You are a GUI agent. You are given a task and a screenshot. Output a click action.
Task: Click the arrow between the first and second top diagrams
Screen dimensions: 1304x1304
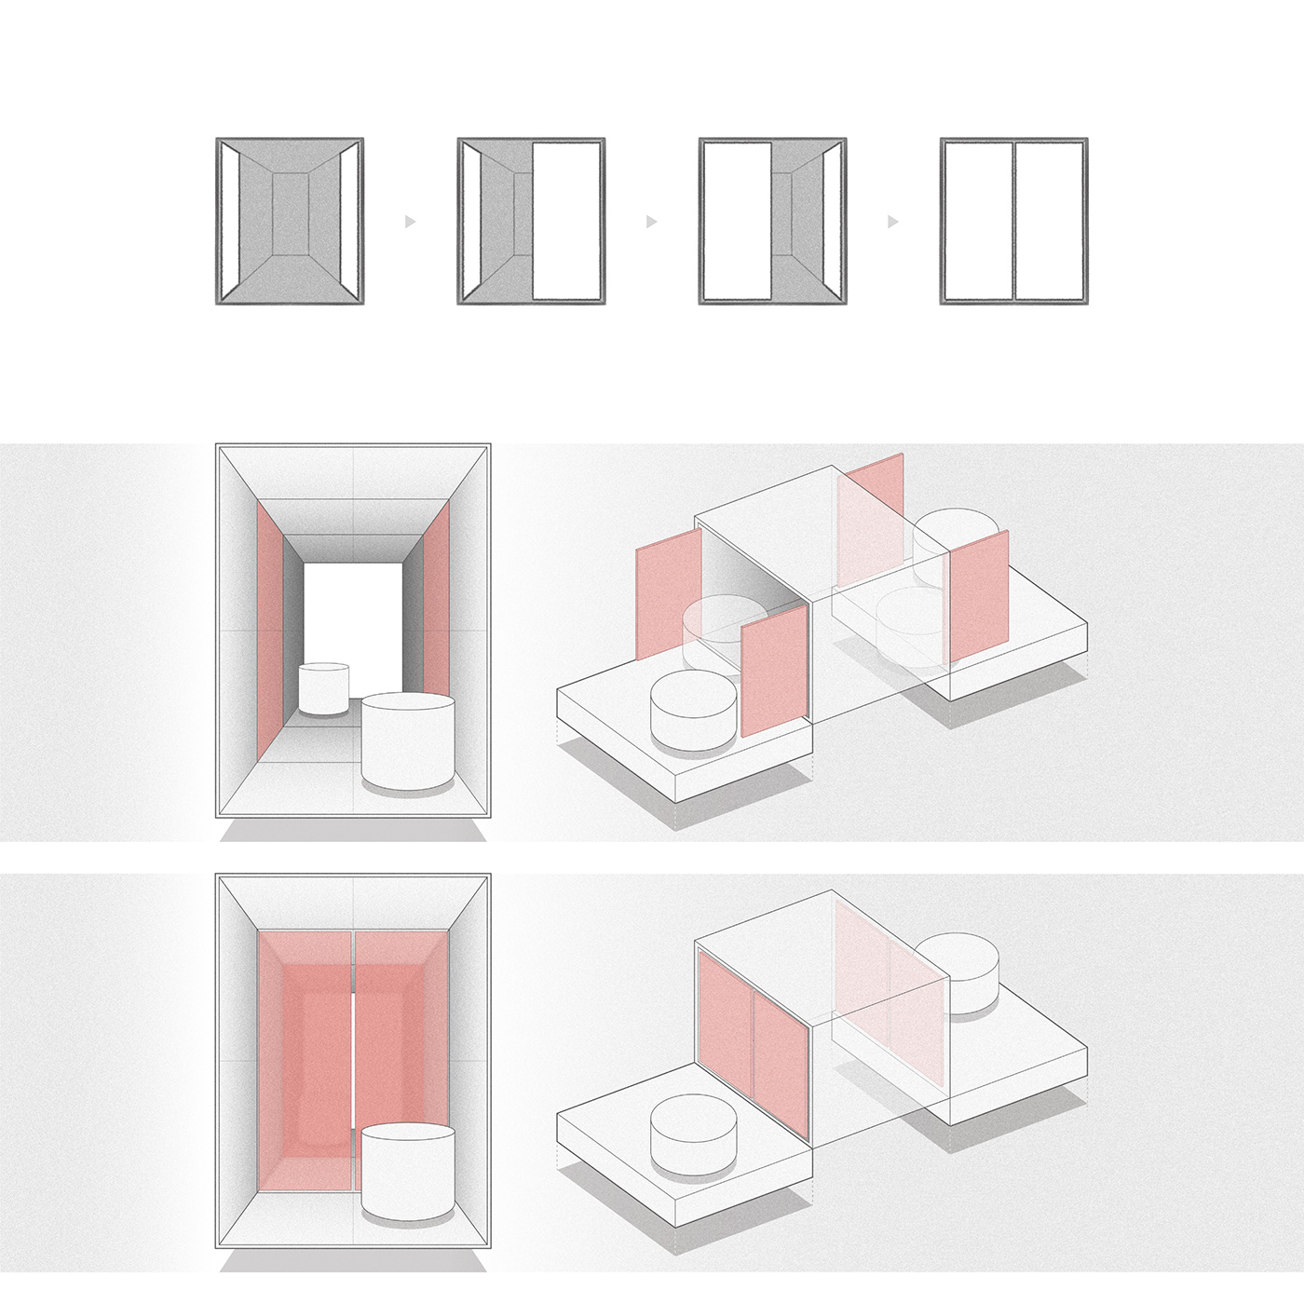pos(410,222)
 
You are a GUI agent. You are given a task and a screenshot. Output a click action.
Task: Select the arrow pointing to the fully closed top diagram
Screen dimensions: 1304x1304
pos(892,222)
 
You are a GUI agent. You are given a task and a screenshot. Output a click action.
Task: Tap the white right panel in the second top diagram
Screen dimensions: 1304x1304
pos(565,221)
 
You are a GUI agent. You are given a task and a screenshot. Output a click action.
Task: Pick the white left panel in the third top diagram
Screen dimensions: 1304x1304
pos(737,221)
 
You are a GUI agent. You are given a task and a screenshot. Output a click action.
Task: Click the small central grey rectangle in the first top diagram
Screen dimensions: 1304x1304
pos(290,213)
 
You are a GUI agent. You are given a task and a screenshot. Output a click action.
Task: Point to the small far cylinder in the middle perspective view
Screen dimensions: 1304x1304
pos(323,688)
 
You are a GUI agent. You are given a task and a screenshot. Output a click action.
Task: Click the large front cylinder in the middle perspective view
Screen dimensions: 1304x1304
pos(407,740)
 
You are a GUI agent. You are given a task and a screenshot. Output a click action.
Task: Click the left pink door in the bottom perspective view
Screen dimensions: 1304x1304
pos(305,1057)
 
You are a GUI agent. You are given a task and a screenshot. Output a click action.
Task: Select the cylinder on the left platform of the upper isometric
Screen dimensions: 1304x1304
pos(694,710)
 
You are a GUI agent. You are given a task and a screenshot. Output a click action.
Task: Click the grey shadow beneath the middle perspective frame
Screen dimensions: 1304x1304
pos(353,829)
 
